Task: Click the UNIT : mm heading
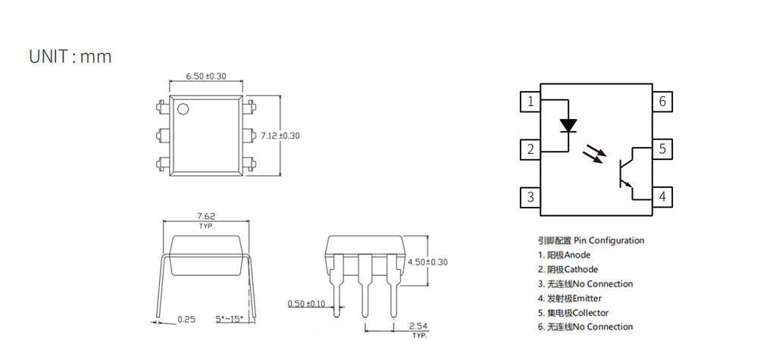[70, 56]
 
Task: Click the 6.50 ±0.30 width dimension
[206, 76]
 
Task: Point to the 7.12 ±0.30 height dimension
[280, 135]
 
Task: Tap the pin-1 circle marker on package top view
[183, 109]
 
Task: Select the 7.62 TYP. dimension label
[206, 220]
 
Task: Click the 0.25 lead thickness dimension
[186, 319]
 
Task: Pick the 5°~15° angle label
[230, 319]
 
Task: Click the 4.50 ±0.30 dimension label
[427, 262]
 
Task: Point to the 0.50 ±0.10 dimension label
[307, 303]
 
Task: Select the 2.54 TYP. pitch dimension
[418, 330]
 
